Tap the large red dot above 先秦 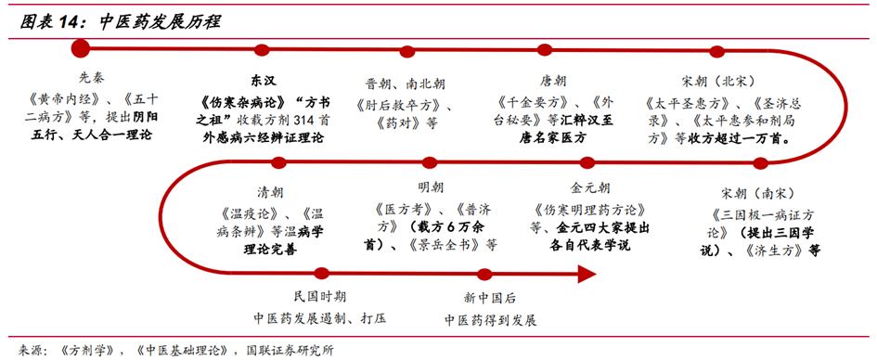tap(80, 48)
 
